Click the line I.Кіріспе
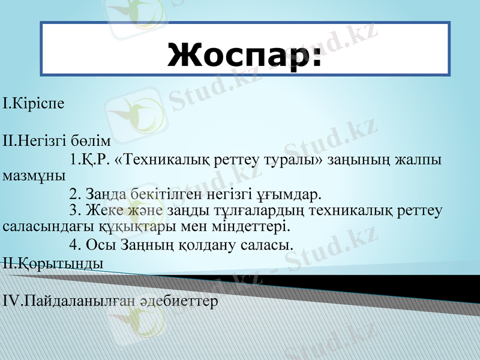[x=34, y=103]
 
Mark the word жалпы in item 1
[x=419, y=160]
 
